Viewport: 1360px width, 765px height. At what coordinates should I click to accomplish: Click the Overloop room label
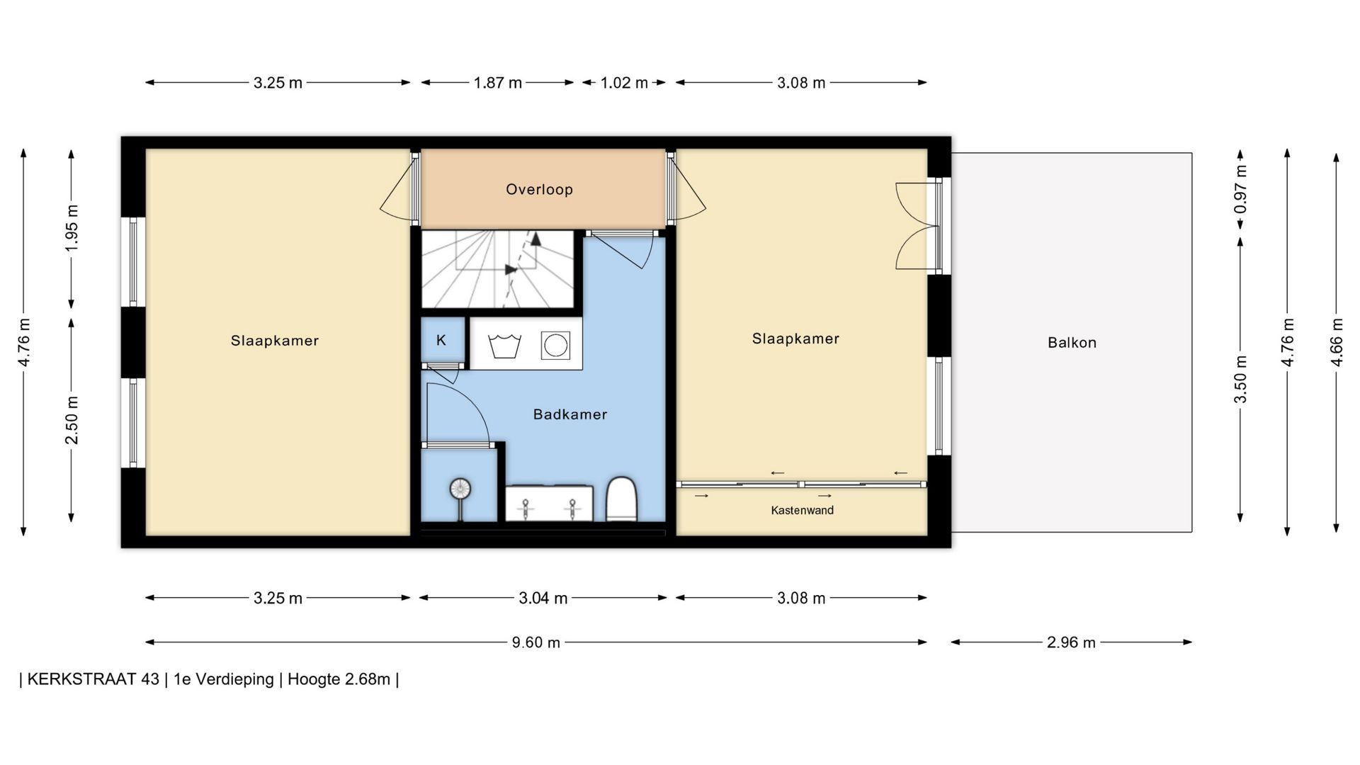539,189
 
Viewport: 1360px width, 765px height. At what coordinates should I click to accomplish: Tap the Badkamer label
570,414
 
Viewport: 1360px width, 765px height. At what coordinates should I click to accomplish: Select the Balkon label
1072,343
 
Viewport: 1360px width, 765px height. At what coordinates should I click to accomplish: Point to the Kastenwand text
802,510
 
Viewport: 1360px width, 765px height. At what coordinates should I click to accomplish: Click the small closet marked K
442,341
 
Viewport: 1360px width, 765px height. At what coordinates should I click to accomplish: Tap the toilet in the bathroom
623,499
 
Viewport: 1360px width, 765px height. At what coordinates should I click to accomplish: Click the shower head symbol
460,489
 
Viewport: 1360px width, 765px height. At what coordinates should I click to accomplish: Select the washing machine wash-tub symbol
505,346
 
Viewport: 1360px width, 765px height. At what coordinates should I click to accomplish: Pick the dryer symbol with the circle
555,346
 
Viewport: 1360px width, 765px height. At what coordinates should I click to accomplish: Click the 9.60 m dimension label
535,642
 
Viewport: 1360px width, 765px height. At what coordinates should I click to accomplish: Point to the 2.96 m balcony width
1071,642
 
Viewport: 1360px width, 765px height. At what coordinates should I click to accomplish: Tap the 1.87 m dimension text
497,83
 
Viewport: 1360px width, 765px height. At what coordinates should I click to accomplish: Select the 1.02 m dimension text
624,83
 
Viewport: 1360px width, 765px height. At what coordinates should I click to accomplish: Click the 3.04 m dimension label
543,599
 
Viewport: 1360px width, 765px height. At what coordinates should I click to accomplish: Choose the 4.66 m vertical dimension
1337,342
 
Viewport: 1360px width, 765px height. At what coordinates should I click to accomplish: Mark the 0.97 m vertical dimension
1240,190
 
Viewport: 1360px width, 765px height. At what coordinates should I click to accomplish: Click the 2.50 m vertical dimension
72,420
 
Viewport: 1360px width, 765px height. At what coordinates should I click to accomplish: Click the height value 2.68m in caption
368,679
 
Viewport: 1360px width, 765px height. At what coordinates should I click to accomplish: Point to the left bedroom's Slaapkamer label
275,341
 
